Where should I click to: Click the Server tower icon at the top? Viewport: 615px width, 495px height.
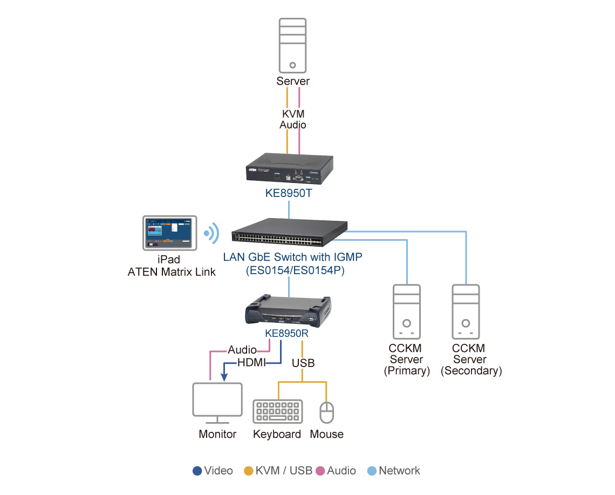pyautogui.click(x=292, y=46)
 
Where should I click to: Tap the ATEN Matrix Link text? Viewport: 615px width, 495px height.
pyautogui.click(x=172, y=272)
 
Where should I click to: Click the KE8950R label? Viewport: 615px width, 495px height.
pyautogui.click(x=286, y=333)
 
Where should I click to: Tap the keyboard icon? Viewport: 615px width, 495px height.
pyautogui.click(x=278, y=412)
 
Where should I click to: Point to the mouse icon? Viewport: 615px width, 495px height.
pyautogui.click(x=327, y=413)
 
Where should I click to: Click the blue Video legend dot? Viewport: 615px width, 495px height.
pyautogui.click(x=197, y=471)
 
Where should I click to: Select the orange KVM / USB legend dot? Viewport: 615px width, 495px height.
pyautogui.click(x=249, y=471)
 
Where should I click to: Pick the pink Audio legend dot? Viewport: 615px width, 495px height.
pyautogui.click(x=320, y=471)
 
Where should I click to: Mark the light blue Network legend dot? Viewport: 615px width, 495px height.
pyautogui.click(x=371, y=471)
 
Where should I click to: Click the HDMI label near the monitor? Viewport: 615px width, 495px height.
pyautogui.click(x=251, y=363)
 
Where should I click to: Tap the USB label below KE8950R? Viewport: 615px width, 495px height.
pyautogui.click(x=303, y=363)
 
